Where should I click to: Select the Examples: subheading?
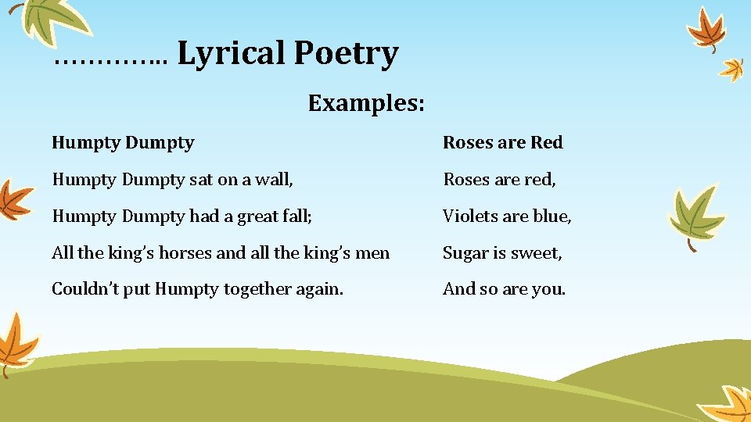[366, 102]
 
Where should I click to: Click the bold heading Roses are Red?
[502, 142]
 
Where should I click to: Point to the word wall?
[277, 179]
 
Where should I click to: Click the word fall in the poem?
[298, 216]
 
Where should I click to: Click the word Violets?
[468, 216]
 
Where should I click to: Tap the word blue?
[552, 216]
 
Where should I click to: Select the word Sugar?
[465, 253]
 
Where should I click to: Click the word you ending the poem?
[548, 290]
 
